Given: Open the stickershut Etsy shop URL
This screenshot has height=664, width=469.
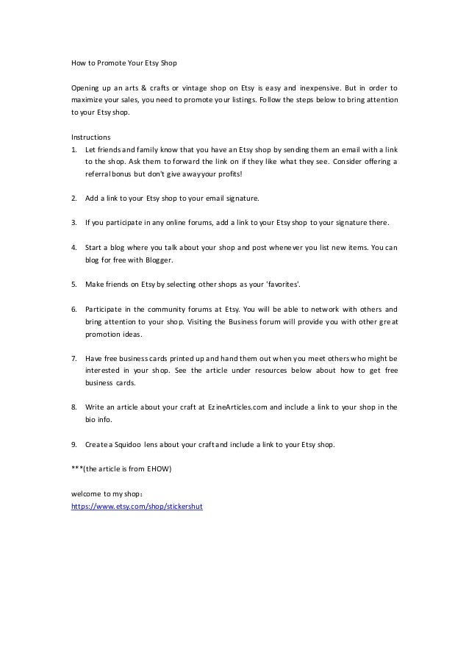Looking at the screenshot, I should click(x=136, y=507).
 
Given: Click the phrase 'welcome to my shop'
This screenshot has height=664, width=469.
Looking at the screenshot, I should click(x=100, y=495).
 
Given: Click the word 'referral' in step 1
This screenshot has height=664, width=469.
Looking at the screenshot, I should click(x=99, y=174).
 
